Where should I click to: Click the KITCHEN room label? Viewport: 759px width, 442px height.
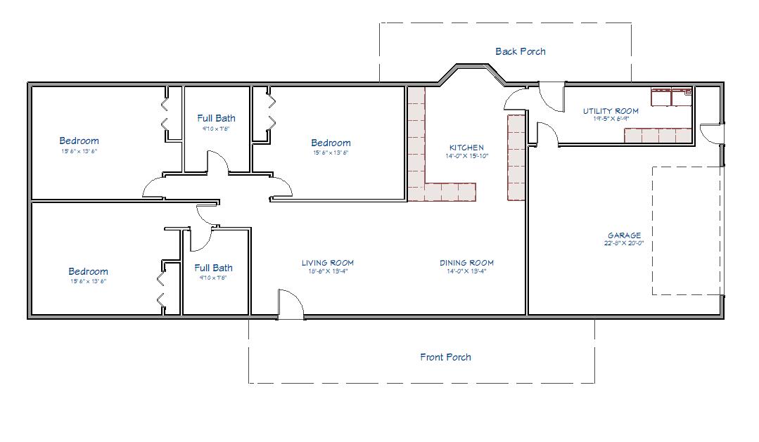[466, 148]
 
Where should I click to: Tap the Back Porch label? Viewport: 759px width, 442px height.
[520, 51]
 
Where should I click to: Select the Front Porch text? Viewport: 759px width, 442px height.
[445, 357]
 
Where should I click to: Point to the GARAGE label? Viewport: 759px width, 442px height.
[624, 235]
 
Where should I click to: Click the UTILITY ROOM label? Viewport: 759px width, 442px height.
[610, 111]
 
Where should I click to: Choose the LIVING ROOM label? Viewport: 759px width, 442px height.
[327, 264]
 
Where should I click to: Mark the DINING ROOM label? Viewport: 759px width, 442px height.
[466, 264]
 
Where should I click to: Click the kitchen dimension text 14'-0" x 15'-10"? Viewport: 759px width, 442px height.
[466, 156]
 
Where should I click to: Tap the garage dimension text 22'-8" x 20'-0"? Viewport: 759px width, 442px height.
[624, 243]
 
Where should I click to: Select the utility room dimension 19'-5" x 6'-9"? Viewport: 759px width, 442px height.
[610, 119]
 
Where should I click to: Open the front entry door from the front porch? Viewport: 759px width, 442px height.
[291, 305]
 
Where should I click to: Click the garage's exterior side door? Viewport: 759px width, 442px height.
[712, 133]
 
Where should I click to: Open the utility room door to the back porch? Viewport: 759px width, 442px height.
[551, 96]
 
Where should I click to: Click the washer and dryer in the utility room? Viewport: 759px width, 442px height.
[671, 97]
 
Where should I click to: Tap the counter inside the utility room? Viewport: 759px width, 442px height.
[658, 135]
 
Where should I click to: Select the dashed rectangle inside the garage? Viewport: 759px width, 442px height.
[686, 230]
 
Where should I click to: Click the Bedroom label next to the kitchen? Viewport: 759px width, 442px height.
[331, 143]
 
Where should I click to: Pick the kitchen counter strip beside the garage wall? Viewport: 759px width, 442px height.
[516, 157]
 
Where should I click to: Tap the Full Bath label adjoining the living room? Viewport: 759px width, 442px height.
[213, 268]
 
